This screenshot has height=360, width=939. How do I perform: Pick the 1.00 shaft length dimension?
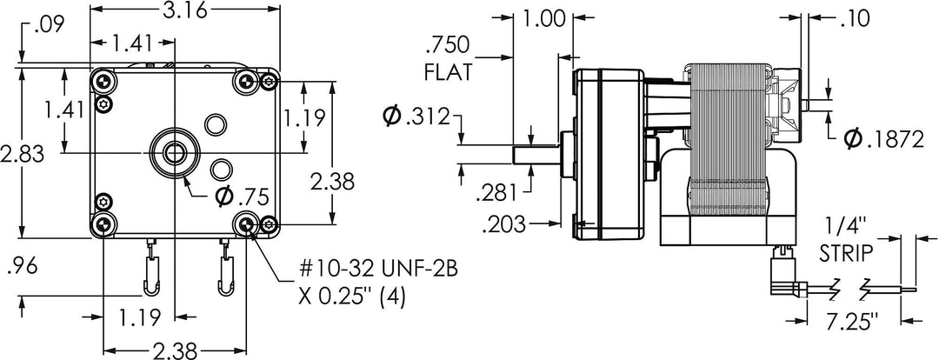(544, 17)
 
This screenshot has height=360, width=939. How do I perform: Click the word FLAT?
(449, 72)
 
